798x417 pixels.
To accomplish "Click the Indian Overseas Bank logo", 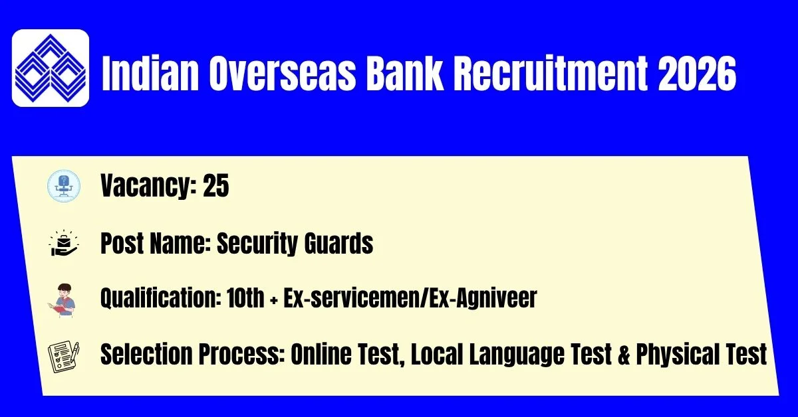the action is [51, 68].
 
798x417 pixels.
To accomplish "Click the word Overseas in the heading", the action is [283, 74].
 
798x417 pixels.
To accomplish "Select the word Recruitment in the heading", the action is [550, 74].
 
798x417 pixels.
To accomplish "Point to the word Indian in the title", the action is [150, 74].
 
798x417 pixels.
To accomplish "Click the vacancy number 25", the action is [216, 185].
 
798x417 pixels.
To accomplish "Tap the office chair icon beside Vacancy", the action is [64, 186].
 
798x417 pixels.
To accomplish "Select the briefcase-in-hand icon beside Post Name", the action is [64, 242].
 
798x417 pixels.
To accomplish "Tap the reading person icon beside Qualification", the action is [62, 300].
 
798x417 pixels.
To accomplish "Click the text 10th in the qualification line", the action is [245, 297].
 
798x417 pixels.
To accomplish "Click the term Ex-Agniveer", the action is [483, 298].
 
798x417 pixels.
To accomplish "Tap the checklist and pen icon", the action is [63, 357].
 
